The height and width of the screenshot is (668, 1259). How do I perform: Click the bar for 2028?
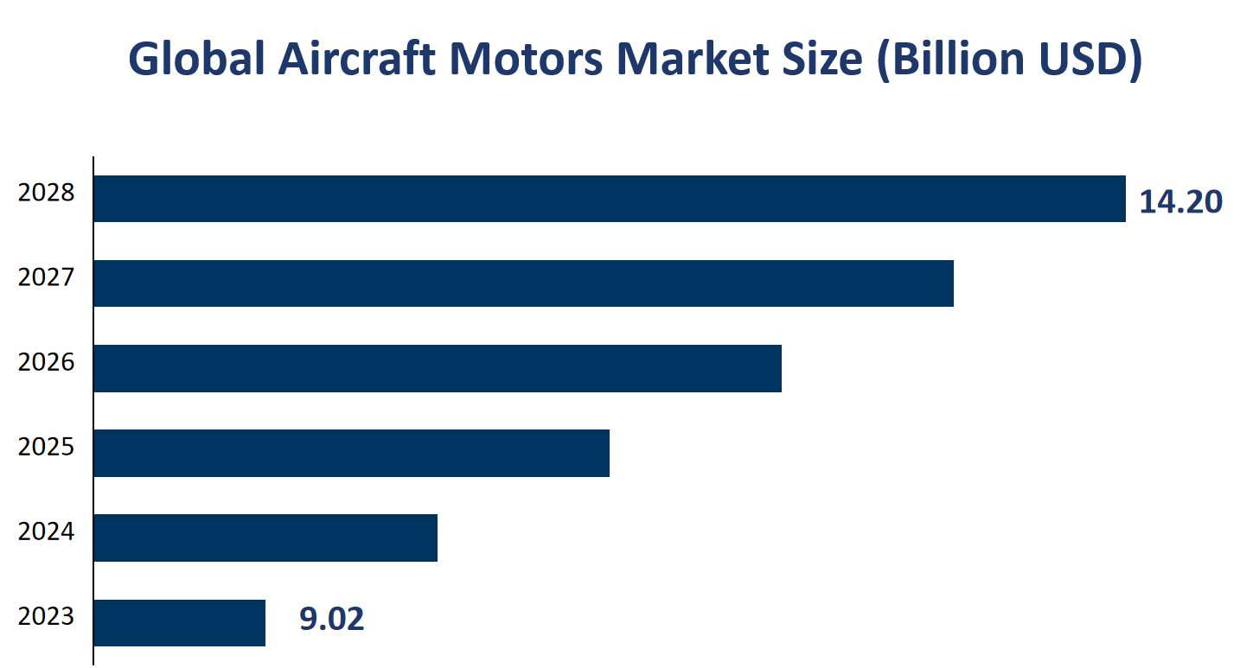pyautogui.click(x=610, y=199)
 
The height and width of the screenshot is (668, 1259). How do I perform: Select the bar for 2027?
pyautogui.click(x=523, y=283)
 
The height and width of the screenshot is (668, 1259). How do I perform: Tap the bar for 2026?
pyautogui.click(x=438, y=368)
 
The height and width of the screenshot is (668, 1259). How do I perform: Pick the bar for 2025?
pyautogui.click(x=351, y=453)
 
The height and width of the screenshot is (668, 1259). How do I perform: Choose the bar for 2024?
pyautogui.click(x=265, y=538)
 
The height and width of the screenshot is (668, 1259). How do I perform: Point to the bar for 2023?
pyautogui.click(x=179, y=622)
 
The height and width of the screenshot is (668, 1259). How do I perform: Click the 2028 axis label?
pyautogui.click(x=47, y=193)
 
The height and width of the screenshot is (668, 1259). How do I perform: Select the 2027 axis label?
pyautogui.click(x=47, y=277)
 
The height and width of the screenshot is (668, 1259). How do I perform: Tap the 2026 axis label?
pyautogui.click(x=47, y=362)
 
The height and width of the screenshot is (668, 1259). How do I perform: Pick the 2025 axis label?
pyautogui.click(x=47, y=447)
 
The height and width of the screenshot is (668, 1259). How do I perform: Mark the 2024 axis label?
pyautogui.click(x=47, y=531)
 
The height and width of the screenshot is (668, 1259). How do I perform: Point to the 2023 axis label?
pyautogui.click(x=47, y=616)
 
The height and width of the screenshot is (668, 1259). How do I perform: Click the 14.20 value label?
pyautogui.click(x=1180, y=201)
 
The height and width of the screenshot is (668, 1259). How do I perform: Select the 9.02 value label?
pyautogui.click(x=332, y=619)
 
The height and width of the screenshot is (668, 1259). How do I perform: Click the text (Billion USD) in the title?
pyautogui.click(x=1010, y=60)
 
